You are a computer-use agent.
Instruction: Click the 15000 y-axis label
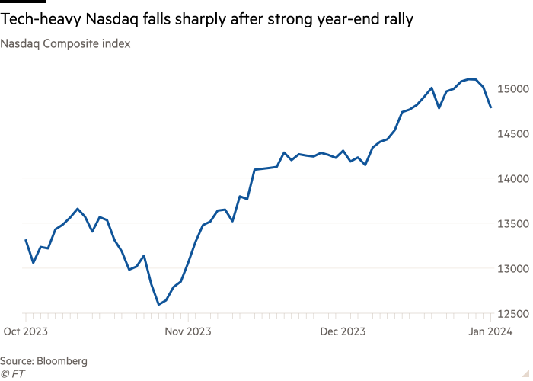[x=514, y=88]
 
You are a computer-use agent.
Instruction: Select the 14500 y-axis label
[x=514, y=133]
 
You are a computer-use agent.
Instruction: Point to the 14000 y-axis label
[x=514, y=178]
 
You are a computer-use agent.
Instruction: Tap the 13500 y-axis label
[x=514, y=223]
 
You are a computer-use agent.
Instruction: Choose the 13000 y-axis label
[x=514, y=269]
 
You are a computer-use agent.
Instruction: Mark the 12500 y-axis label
[x=514, y=314]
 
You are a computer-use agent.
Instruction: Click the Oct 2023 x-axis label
[x=25, y=331]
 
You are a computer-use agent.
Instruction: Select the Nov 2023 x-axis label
[x=187, y=331]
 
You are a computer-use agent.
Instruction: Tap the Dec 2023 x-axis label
[x=343, y=331]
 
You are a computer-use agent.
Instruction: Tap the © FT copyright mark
[x=11, y=373]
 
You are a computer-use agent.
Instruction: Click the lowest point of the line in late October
[x=158, y=305]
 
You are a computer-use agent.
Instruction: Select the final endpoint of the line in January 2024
[x=491, y=108]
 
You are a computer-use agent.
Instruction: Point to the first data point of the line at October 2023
[x=25, y=240]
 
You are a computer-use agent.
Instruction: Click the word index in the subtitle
[x=118, y=44]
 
